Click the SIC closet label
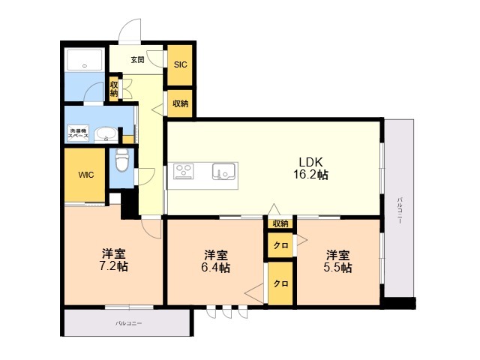point(180,64)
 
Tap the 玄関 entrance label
point(137,60)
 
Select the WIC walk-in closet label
point(86,175)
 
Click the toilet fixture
point(121,160)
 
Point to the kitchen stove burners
point(183,172)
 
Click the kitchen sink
point(223,171)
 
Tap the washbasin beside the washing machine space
point(106,134)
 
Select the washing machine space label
point(78,133)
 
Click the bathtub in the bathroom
point(85,59)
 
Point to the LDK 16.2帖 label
point(310,168)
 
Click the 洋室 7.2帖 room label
point(113,260)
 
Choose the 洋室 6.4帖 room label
point(216,261)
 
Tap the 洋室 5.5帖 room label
point(337,261)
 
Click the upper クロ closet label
point(280,245)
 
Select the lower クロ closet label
point(280,283)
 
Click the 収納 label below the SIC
point(180,103)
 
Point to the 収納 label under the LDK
point(280,223)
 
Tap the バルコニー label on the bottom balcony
point(128,323)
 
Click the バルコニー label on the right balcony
point(399,211)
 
